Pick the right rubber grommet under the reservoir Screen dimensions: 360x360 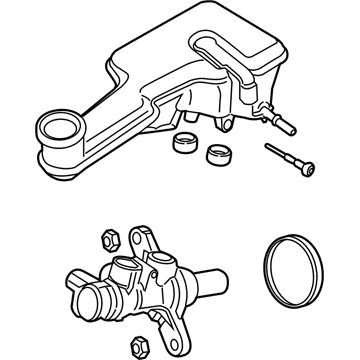point(217,154)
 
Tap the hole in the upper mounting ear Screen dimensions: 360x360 point(152,241)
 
